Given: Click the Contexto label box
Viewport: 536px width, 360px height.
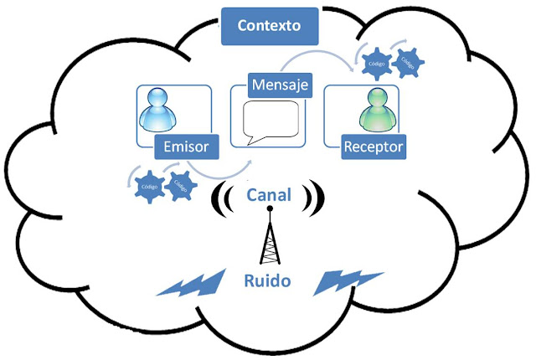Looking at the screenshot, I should click(269, 26).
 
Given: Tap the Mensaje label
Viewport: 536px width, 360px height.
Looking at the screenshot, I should click(281, 85).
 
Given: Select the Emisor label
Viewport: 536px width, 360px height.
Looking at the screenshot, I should click(187, 148).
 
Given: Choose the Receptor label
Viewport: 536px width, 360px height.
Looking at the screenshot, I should click(374, 148).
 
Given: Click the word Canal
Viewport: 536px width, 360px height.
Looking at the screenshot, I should click(269, 195).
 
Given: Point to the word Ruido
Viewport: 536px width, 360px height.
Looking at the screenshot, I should click(268, 280).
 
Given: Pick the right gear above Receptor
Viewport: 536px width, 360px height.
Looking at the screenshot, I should click(408, 61).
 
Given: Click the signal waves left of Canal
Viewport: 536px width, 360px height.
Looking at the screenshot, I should click(224, 198).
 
